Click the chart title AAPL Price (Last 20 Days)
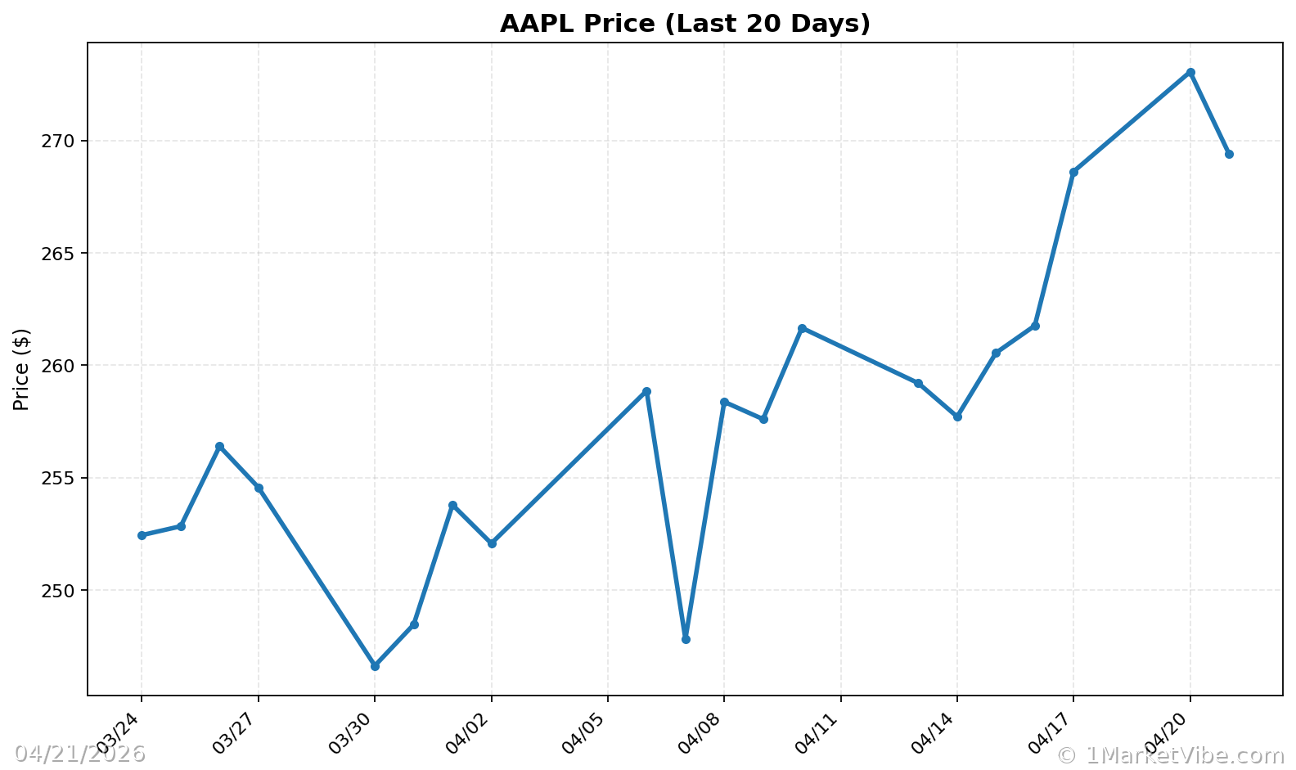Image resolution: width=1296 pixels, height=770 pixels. [x=685, y=24]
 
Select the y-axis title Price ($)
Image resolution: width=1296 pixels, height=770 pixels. [x=21, y=369]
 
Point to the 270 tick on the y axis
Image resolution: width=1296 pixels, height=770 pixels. [x=58, y=141]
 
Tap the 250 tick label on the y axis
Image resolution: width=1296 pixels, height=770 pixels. [x=58, y=590]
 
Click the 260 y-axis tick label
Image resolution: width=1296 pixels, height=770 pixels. [x=58, y=365]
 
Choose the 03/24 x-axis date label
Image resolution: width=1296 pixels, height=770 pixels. [x=121, y=733]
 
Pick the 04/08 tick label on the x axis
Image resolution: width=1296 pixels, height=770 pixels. [x=704, y=733]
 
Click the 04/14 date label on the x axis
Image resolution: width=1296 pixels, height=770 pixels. [x=937, y=733]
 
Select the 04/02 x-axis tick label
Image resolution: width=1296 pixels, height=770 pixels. [x=470, y=733]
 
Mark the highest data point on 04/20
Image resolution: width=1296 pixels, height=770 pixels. [x=1190, y=72]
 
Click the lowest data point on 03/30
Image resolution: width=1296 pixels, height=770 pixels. [x=375, y=666]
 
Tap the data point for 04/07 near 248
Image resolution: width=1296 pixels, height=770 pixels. [x=686, y=639]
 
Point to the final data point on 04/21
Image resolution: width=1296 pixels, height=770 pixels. [x=1229, y=154]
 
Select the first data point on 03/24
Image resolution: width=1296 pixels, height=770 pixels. [x=142, y=535]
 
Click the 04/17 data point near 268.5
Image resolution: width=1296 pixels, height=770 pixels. [x=1073, y=172]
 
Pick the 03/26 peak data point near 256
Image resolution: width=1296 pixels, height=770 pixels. [x=219, y=446]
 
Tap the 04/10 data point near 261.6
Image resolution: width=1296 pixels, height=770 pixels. [x=802, y=328]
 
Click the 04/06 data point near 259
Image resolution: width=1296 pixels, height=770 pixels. [x=646, y=391]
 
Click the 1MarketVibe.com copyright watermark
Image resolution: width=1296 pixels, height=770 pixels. [x=1170, y=754]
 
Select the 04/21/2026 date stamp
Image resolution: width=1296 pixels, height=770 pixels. [x=79, y=754]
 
